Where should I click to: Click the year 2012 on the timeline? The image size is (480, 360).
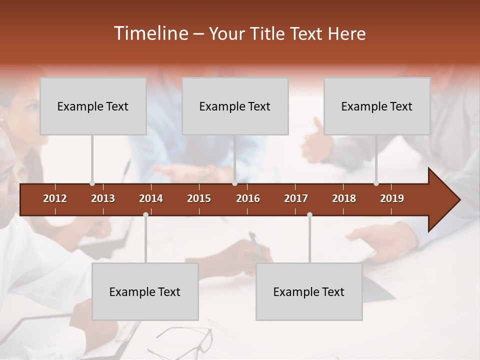[x=55, y=198]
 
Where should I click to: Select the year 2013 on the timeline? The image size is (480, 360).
[x=103, y=198]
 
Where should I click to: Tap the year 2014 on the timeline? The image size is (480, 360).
[x=151, y=198]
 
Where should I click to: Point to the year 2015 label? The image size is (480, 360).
[x=199, y=198]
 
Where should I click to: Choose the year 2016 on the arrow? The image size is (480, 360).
[x=248, y=198]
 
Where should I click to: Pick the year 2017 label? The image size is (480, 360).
[x=296, y=198]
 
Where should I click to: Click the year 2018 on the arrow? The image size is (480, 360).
[x=344, y=198]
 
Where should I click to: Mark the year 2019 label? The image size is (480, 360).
[x=392, y=198]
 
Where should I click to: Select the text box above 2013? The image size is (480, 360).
[x=93, y=106]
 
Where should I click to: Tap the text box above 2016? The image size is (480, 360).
[x=235, y=106]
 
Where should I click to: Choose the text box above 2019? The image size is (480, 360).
[x=377, y=106]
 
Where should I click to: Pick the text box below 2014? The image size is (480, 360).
[x=145, y=291]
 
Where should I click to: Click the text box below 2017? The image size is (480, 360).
[x=309, y=291]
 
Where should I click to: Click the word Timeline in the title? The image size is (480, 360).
[x=150, y=33]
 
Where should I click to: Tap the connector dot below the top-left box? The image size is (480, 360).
[x=92, y=183]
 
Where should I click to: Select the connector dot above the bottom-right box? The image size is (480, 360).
[x=309, y=215]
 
